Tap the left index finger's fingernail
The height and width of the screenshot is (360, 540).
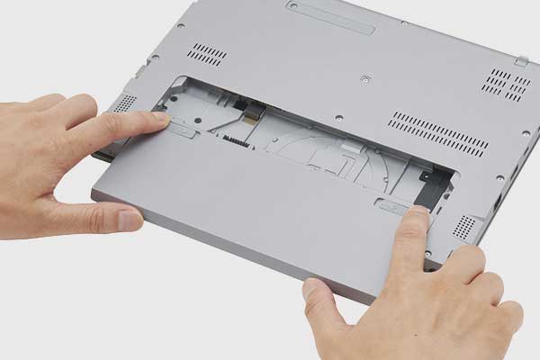[x=160, y=118]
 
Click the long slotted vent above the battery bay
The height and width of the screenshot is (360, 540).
[x=440, y=131]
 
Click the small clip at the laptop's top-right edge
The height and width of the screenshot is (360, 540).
[x=521, y=60]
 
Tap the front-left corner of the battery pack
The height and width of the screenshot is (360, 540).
[x=96, y=193]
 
